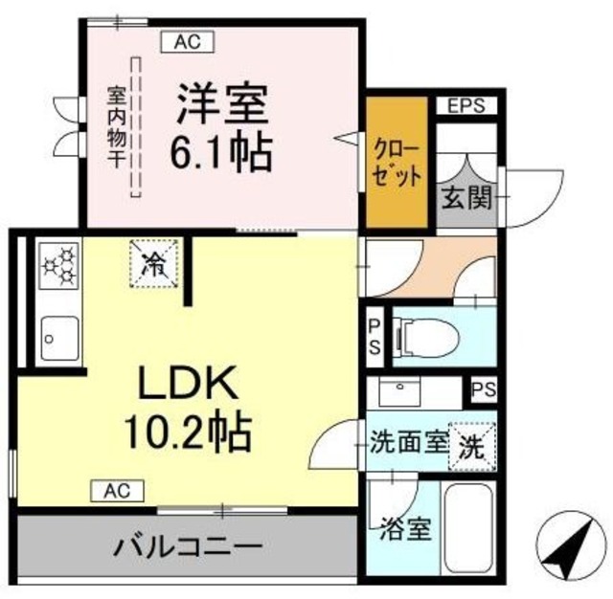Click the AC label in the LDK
click(x=118, y=491)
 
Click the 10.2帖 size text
click(x=188, y=433)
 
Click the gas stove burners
click(x=59, y=265)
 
